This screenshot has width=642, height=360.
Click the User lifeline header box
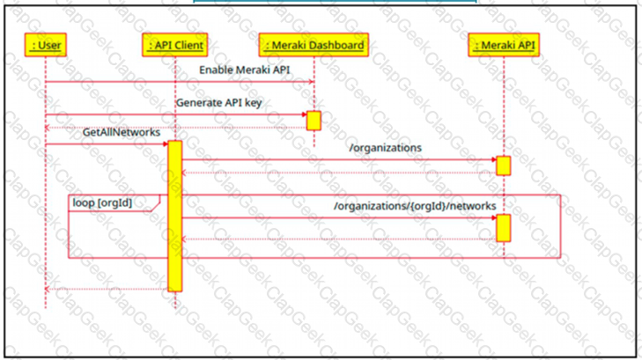pyautogui.click(x=46, y=45)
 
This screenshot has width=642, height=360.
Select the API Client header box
pyautogui.click(x=175, y=45)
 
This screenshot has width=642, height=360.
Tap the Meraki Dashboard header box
pyautogui.click(x=314, y=45)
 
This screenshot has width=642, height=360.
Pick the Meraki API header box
pyautogui.click(x=504, y=45)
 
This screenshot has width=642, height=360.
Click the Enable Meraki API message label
pyautogui.click(x=245, y=70)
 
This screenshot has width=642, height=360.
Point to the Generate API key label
pyautogui.click(x=218, y=103)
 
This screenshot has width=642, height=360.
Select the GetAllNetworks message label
pyautogui.click(x=122, y=133)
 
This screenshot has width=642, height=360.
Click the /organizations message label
pyautogui.click(x=385, y=148)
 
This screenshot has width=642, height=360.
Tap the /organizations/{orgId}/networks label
pyautogui.click(x=415, y=206)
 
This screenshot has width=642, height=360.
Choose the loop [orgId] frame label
pyautogui.click(x=102, y=203)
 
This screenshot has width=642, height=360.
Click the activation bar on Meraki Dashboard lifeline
pyautogui.click(x=314, y=121)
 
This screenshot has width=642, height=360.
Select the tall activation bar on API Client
pyautogui.click(x=175, y=216)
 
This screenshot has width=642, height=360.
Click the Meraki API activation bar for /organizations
pyautogui.click(x=503, y=165)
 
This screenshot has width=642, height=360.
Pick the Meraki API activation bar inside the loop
pyautogui.click(x=503, y=228)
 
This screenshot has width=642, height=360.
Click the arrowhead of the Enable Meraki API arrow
pyautogui.click(x=311, y=82)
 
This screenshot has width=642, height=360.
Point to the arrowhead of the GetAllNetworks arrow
pyautogui.click(x=165, y=144)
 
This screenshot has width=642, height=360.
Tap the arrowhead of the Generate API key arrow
pyautogui.click(x=304, y=114)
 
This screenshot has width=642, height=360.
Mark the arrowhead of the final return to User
pyautogui.click(x=47, y=289)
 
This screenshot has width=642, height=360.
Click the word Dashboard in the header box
pyautogui.click(x=338, y=45)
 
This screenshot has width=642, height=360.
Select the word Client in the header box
pyautogui.click(x=189, y=45)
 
